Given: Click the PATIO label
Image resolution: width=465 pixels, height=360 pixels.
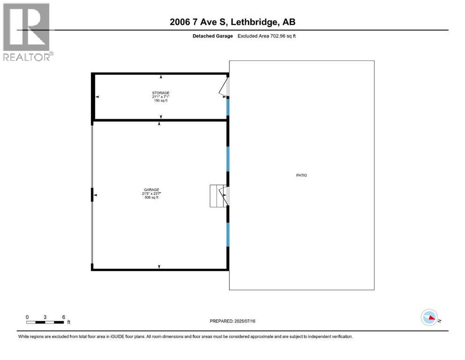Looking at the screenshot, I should point(302,175).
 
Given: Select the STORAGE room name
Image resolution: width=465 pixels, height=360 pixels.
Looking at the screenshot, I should point(160,93).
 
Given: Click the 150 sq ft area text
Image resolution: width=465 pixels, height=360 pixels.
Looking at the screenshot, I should point(161,101).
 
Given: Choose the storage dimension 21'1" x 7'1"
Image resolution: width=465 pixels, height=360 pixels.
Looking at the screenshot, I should point(161,97).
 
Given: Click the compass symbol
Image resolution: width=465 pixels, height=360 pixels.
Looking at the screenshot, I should point(429,318).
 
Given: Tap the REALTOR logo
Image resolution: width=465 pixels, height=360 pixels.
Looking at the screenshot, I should point(27,32).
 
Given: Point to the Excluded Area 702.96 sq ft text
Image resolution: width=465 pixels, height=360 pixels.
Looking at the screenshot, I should point(266,36).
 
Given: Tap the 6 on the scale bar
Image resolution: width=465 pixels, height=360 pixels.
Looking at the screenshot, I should point(63,317).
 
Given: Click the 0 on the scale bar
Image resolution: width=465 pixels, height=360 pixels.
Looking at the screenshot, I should point(27,317).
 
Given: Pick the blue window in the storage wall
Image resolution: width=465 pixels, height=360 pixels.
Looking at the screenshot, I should point(228,107).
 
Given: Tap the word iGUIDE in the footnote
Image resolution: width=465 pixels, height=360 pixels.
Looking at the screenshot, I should point(119,337).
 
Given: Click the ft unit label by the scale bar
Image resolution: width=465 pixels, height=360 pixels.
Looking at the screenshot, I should point(68,322).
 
